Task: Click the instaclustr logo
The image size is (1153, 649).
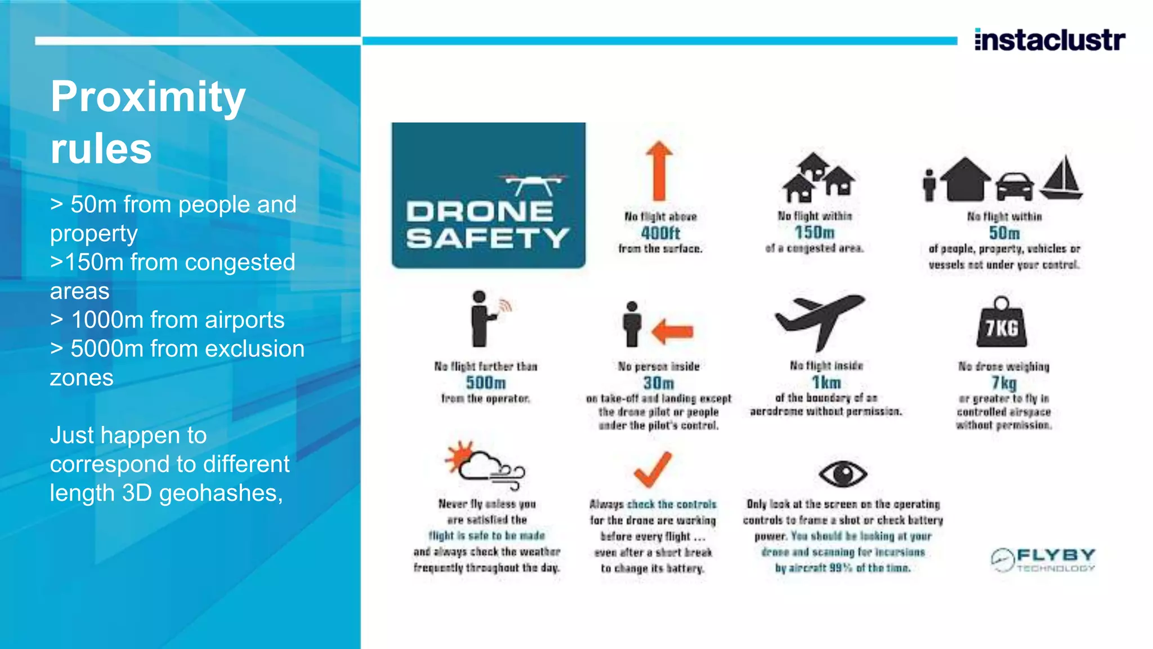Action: click(1049, 40)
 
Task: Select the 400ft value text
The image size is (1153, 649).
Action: click(660, 233)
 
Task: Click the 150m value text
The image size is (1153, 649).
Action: click(814, 232)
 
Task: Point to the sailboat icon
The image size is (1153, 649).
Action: click(1062, 177)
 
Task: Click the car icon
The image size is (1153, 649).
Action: click(1015, 185)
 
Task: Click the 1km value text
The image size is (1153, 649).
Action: click(826, 383)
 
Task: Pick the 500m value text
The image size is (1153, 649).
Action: click(485, 383)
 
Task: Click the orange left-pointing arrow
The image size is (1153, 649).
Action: click(672, 331)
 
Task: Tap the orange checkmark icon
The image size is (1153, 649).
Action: click(653, 469)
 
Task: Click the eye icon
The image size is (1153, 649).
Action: click(842, 473)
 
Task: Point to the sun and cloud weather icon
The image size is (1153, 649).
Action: click(484, 465)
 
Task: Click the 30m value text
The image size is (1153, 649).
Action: click(658, 383)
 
